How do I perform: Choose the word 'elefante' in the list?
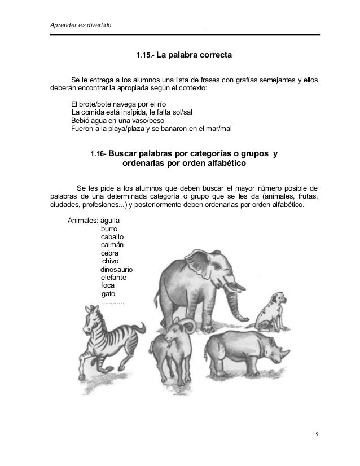[113, 278]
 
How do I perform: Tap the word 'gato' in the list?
[109, 294]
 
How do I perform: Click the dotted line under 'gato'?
[113, 302]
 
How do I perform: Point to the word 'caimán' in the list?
[112, 245]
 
